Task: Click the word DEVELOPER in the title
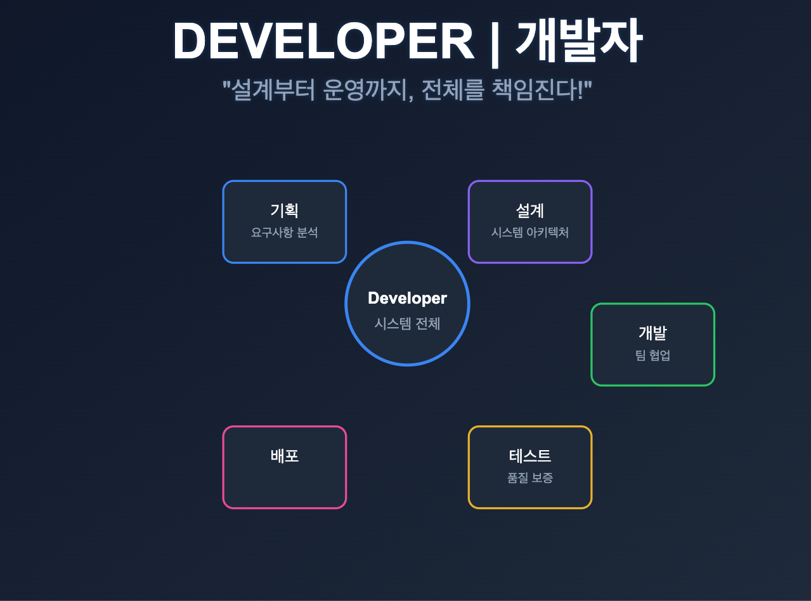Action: click(x=323, y=42)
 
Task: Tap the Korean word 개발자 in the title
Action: click(x=578, y=42)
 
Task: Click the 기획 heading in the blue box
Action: click(x=284, y=210)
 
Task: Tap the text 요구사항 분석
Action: click(x=284, y=233)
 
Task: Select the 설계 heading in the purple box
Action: click(x=530, y=210)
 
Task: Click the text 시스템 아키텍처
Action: click(x=530, y=233)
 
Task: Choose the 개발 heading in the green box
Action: click(x=652, y=333)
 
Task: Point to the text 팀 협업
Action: click(x=652, y=355)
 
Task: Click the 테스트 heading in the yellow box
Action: click(x=530, y=456)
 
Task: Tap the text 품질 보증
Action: click(x=530, y=478)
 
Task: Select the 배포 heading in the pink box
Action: click(x=284, y=456)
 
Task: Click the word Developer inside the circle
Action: click(x=407, y=298)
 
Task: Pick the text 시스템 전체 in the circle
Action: click(x=407, y=323)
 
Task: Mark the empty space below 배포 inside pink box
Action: click(x=284, y=485)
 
